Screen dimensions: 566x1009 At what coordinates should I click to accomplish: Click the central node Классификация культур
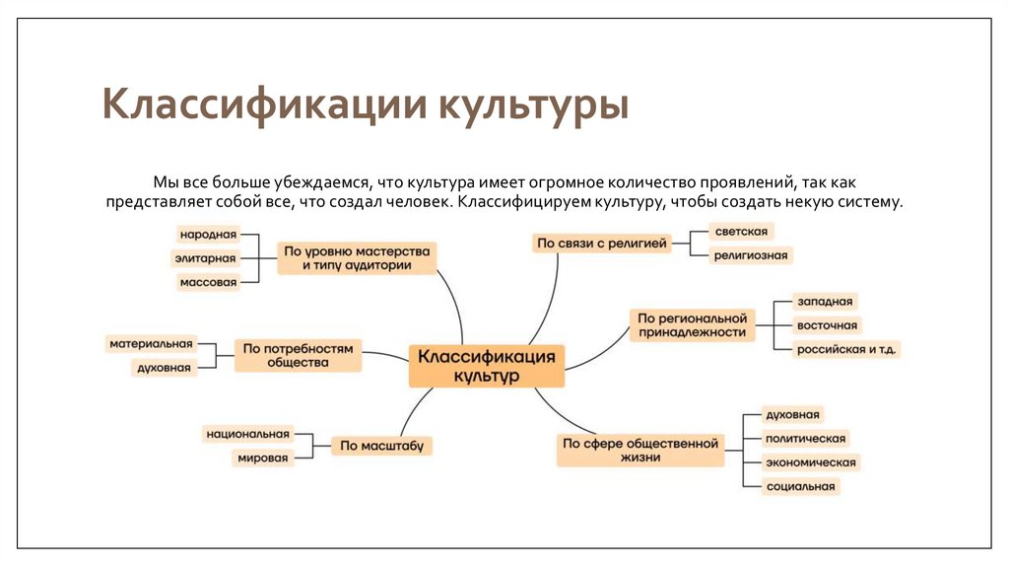pyautogui.click(x=487, y=365)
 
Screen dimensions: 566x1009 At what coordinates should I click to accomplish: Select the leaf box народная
pyautogui.click(x=208, y=235)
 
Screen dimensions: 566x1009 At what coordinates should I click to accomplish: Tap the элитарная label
pyautogui.click(x=206, y=258)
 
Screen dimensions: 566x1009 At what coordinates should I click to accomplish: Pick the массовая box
pyautogui.click(x=208, y=283)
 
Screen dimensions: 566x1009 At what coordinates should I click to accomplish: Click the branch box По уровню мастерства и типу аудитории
pyautogui.click(x=357, y=258)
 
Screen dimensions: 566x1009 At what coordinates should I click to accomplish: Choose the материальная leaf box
pyautogui.click(x=151, y=344)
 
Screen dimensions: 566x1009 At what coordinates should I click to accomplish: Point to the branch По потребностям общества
pyautogui.click(x=298, y=355)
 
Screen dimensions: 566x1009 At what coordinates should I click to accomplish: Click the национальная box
pyautogui.click(x=247, y=434)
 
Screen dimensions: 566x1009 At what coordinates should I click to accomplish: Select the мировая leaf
pyautogui.click(x=261, y=459)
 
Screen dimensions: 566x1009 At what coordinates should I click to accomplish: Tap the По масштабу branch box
pyautogui.click(x=381, y=447)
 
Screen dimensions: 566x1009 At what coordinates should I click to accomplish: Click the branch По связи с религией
pyautogui.click(x=601, y=243)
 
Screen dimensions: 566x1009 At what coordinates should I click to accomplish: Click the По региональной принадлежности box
pyautogui.click(x=692, y=324)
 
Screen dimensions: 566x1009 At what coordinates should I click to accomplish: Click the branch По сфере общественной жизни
pyautogui.click(x=640, y=451)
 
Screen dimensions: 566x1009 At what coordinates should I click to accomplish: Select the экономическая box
pyautogui.click(x=812, y=462)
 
